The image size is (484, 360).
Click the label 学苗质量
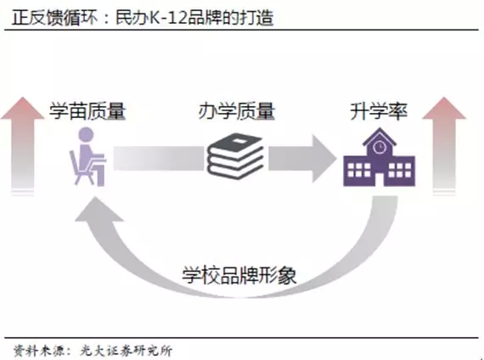(87, 111)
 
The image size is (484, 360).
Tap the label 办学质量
(236, 111)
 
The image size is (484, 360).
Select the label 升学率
(379, 111)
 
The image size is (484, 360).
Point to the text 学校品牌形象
(239, 275)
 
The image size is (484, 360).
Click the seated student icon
(87, 157)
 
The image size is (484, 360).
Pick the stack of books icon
(235, 155)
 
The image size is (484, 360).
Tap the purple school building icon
(379, 157)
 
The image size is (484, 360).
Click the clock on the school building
(380, 147)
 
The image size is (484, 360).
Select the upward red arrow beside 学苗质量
(23, 145)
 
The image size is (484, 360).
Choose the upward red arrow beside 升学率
(444, 145)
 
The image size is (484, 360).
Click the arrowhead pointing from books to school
(324, 159)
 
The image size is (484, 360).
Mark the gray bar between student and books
(159, 159)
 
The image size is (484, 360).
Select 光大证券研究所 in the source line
(126, 351)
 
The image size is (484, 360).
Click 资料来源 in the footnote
(38, 351)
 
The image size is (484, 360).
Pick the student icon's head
(86, 135)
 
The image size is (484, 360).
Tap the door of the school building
(380, 179)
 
